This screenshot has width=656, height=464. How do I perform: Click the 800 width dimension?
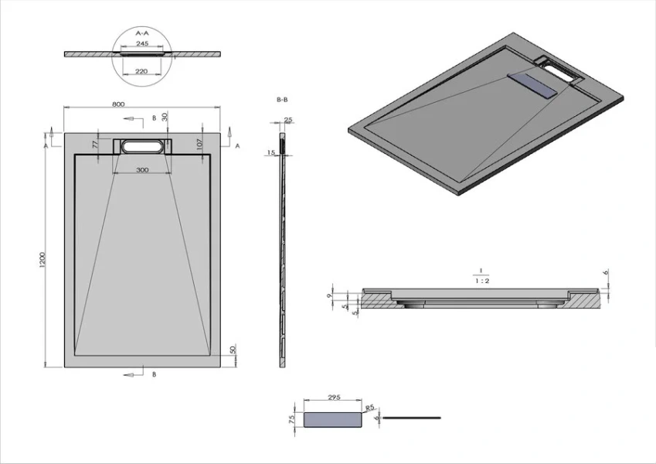point(118,104)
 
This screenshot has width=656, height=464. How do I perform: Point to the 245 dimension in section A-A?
point(142,43)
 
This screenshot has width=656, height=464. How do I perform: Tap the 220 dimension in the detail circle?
point(142,70)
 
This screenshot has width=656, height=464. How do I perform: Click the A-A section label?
point(142,34)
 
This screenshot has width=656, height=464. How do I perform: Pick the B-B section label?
point(283,100)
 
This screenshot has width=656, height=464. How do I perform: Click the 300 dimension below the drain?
point(142,170)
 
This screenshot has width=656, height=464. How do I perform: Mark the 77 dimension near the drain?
point(96,144)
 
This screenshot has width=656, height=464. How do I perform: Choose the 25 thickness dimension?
point(288,120)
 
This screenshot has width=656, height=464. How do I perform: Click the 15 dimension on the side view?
point(271,153)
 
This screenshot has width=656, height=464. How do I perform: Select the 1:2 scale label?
point(481,281)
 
